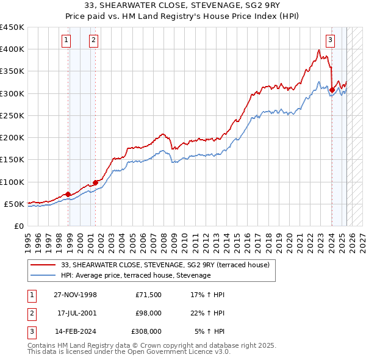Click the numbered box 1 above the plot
65,41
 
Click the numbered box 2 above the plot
93,41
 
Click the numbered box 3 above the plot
330,41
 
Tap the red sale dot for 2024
332,90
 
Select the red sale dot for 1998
68,194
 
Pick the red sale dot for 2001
95,182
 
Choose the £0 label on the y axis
18,226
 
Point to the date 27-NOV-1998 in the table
76,295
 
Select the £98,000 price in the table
149,313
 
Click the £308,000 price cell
147,331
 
